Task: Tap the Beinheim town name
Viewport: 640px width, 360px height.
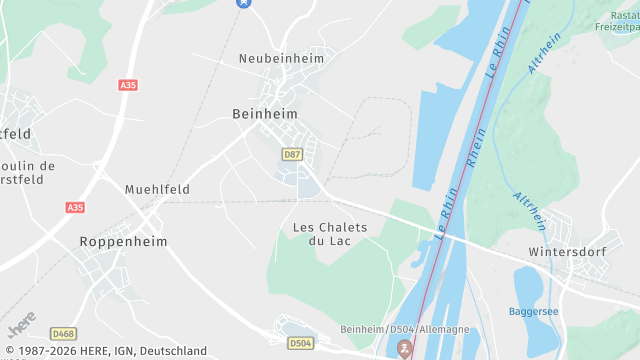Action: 265,114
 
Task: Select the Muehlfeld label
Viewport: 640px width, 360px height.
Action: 157,189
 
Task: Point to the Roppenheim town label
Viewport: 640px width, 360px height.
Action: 123,242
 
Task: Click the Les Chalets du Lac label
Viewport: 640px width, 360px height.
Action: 330,234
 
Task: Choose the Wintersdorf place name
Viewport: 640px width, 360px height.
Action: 567,251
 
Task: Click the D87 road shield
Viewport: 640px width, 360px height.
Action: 292,154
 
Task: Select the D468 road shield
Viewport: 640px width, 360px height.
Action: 64,333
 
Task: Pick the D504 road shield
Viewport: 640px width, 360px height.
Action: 300,343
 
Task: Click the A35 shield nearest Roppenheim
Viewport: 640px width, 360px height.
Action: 75,207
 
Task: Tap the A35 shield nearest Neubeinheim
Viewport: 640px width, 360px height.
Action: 127,86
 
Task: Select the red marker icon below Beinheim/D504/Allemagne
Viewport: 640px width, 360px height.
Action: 405,349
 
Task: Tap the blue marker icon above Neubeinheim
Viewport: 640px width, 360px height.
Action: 242,3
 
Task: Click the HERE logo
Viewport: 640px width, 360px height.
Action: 22,326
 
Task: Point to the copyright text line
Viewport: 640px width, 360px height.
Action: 104,351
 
